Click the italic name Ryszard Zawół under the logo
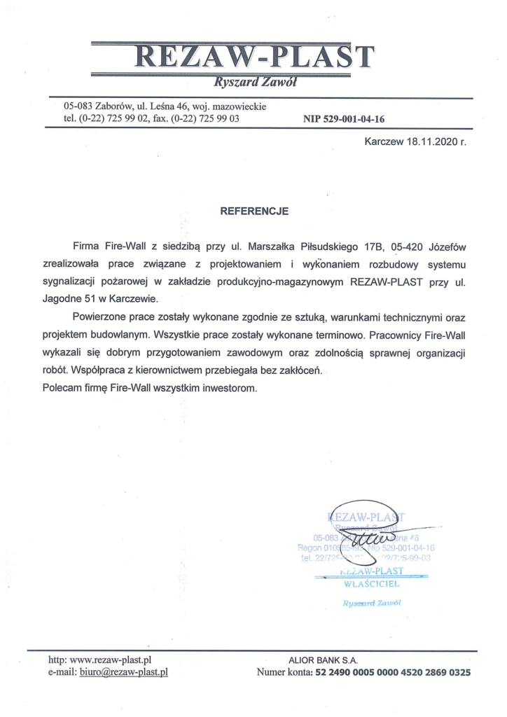(257, 83)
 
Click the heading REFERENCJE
(254, 209)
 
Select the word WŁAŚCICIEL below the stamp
(372, 583)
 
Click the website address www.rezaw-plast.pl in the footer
(111, 660)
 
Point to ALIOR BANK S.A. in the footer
(323, 660)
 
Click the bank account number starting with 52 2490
(394, 673)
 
